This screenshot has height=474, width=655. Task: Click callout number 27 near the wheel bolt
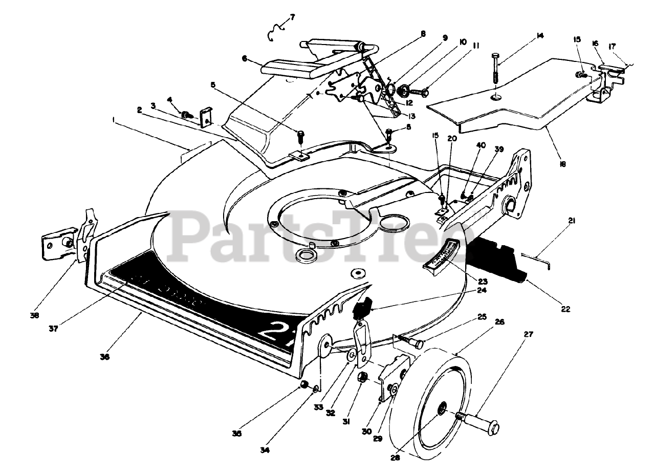528,334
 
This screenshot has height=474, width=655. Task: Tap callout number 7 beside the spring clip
292,17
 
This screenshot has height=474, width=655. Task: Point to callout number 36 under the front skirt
104,357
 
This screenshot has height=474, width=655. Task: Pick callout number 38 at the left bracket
35,315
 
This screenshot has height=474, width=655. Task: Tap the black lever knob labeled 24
362,309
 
